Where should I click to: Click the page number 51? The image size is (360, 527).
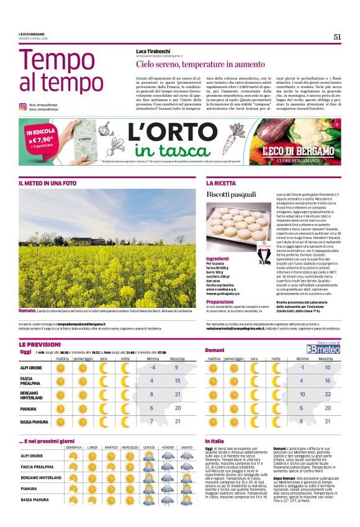[x=338, y=37]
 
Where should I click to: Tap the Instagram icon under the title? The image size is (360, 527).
[x=22, y=107]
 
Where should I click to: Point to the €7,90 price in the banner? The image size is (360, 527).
[x=38, y=140]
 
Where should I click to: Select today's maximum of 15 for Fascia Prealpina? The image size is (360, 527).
[x=177, y=381]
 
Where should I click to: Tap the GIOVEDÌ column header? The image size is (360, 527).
[x=149, y=447]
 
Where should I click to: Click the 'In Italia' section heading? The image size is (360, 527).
[x=215, y=441]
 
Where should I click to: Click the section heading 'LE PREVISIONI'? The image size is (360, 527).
[x=39, y=344]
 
